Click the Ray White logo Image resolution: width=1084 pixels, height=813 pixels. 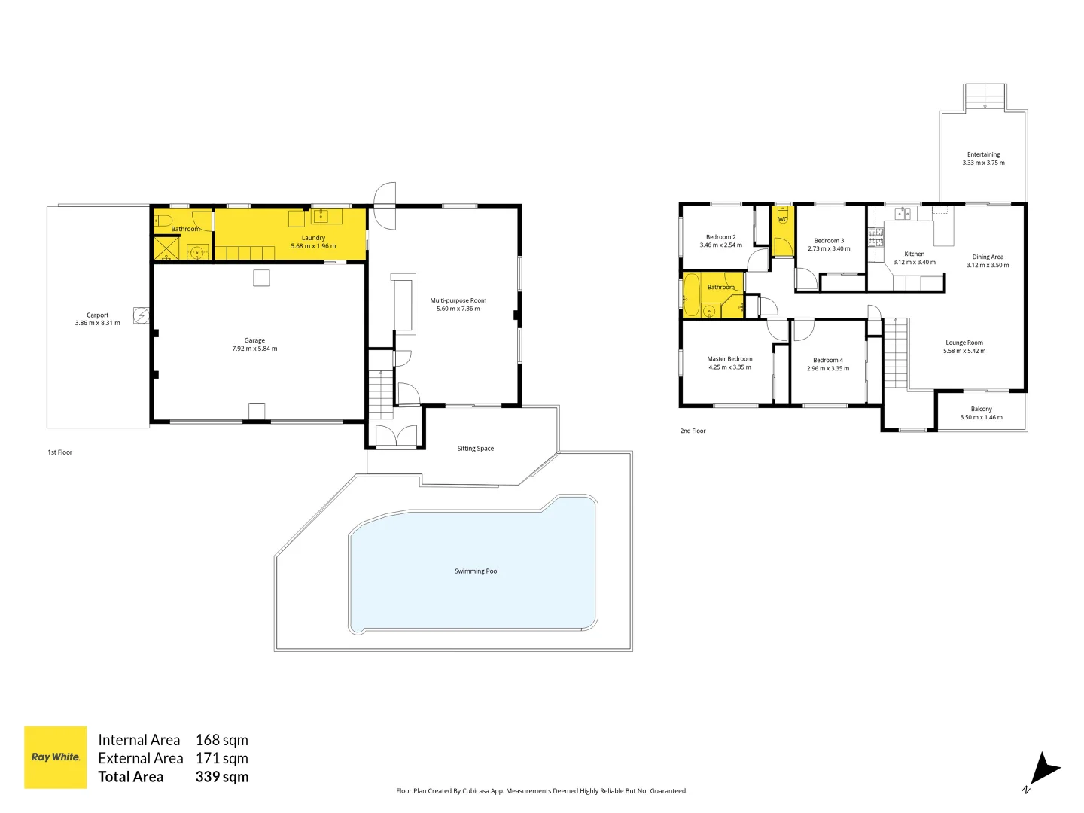pyautogui.click(x=55, y=757)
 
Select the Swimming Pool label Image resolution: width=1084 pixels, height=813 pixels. pyautogui.click(x=476, y=571)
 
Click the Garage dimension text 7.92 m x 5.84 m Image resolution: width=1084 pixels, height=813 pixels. pyautogui.click(x=254, y=349)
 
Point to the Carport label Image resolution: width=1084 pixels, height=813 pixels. pyautogui.click(x=97, y=315)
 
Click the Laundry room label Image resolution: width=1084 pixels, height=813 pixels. pyautogui.click(x=313, y=238)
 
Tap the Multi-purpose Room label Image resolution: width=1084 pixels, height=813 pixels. pyautogui.click(x=458, y=300)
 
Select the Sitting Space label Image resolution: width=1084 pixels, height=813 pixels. pyautogui.click(x=475, y=449)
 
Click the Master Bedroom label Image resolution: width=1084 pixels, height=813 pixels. pyautogui.click(x=729, y=359)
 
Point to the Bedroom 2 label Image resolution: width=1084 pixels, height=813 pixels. pyautogui.click(x=720, y=237)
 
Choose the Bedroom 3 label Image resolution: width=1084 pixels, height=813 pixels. pyautogui.click(x=829, y=241)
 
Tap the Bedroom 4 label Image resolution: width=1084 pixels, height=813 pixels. pyautogui.click(x=828, y=361)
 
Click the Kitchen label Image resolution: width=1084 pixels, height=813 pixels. pyautogui.click(x=914, y=254)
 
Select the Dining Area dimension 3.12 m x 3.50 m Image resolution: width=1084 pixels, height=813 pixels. pyautogui.click(x=988, y=265)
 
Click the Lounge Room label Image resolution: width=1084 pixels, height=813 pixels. pyautogui.click(x=964, y=343)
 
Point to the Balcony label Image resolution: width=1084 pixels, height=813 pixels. pyautogui.click(x=981, y=410)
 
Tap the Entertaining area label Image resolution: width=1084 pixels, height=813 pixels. pyautogui.click(x=983, y=154)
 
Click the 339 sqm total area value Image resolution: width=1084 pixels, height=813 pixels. pyautogui.click(x=222, y=777)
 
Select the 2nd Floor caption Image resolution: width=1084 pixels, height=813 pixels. pyautogui.click(x=693, y=431)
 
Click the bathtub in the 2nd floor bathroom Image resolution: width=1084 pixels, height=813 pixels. pyautogui.click(x=691, y=295)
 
